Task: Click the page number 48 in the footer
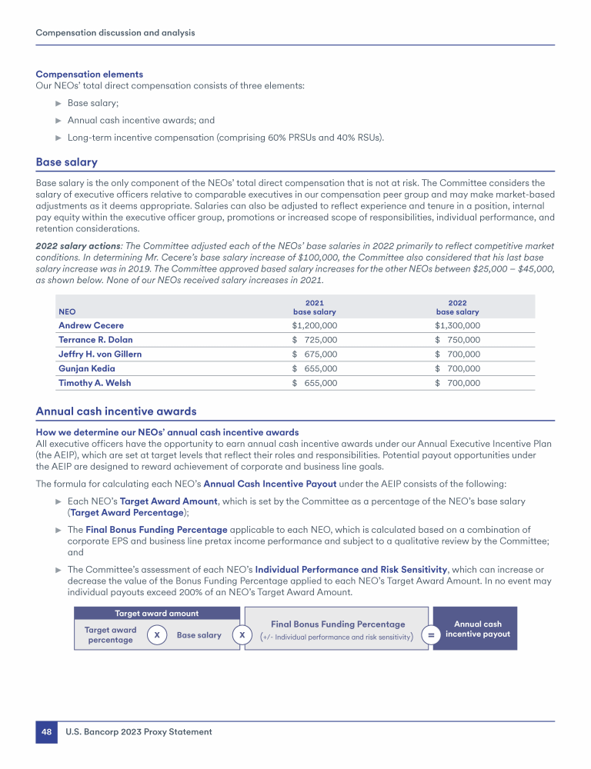click(46, 732)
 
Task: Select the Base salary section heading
click(66, 162)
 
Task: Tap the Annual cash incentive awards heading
click(116, 411)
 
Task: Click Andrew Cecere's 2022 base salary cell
click(457, 325)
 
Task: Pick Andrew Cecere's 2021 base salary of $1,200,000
click(314, 325)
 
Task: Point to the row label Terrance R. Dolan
click(96, 340)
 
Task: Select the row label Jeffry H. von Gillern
click(100, 354)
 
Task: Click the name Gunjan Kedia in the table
click(88, 368)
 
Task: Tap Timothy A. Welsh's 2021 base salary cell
click(314, 383)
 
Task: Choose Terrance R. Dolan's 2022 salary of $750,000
click(457, 340)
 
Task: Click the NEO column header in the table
click(67, 312)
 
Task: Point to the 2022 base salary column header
click(457, 308)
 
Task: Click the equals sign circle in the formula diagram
click(431, 635)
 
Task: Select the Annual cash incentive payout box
click(477, 629)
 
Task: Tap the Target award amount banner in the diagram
click(156, 613)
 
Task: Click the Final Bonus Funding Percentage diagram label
click(338, 624)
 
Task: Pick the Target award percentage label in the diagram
click(110, 635)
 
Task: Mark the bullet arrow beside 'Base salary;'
click(58, 102)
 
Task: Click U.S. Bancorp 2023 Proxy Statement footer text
click(138, 732)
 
